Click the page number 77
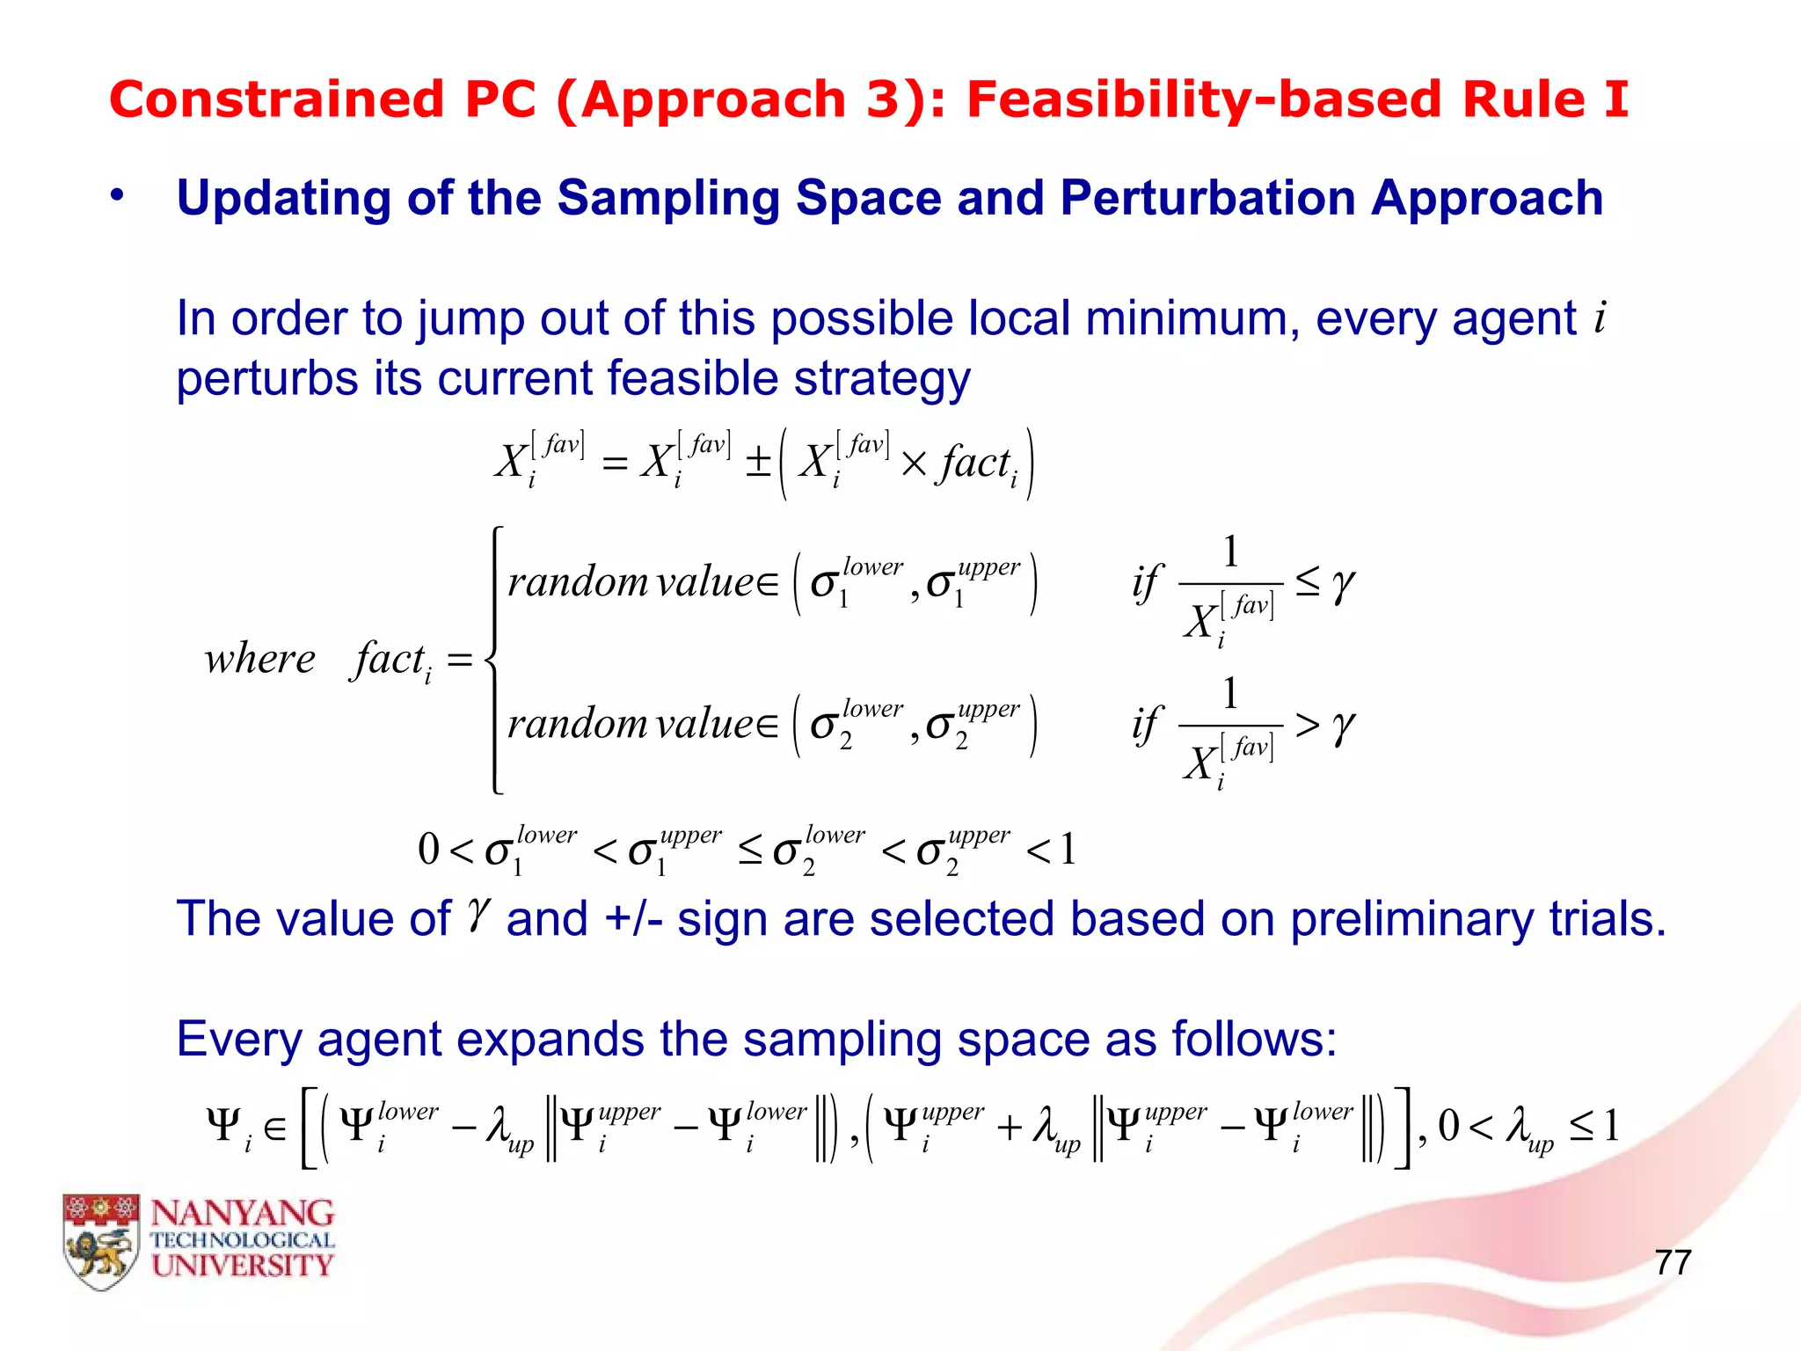click(1673, 1262)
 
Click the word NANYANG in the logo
click(243, 1214)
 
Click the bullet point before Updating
click(117, 197)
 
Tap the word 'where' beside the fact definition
click(259, 659)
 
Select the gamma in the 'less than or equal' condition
click(1343, 583)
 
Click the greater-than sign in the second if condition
click(1307, 726)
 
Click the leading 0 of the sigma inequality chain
click(428, 850)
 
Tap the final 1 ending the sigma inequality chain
click(1068, 850)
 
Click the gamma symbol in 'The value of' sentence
click(478, 916)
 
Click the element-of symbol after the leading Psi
click(275, 1128)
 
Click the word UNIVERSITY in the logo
click(243, 1266)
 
